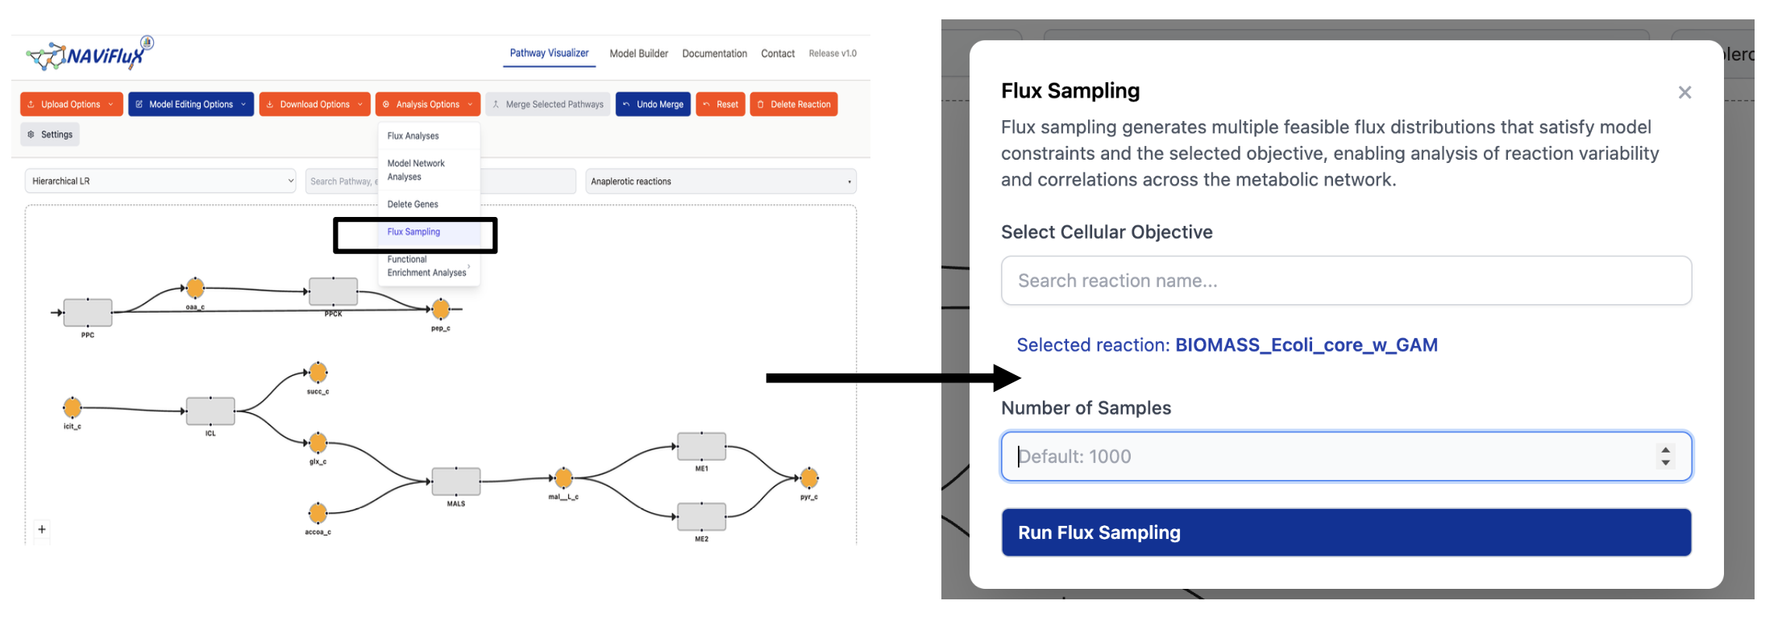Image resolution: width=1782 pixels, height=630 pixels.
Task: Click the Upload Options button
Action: tap(71, 104)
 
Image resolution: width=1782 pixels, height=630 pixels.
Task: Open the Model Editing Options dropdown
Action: tap(190, 104)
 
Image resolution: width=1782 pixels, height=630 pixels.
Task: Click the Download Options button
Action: tap(314, 104)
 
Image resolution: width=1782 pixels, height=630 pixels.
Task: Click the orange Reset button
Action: tap(720, 104)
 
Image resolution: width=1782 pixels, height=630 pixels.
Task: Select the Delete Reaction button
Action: tap(793, 104)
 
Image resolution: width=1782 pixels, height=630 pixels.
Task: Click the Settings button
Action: tap(50, 135)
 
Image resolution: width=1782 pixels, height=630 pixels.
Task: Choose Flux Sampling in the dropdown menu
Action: tap(413, 232)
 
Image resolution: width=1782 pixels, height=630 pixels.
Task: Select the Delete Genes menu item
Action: tap(413, 204)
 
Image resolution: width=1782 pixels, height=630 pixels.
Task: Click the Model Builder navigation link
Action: tap(638, 53)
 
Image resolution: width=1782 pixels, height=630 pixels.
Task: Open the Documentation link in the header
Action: tap(714, 53)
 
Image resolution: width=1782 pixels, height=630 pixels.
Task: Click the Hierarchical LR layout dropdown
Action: tap(161, 181)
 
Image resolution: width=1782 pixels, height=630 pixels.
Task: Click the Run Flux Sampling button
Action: tap(1345, 532)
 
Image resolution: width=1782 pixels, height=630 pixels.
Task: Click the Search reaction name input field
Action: tap(1345, 281)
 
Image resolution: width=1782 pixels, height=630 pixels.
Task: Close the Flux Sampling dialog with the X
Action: tap(1684, 93)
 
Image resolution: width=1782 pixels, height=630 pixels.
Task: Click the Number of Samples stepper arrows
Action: tap(1665, 457)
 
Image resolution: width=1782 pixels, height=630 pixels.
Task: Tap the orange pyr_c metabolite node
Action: tap(809, 478)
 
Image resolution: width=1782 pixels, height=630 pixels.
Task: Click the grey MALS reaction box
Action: tap(456, 482)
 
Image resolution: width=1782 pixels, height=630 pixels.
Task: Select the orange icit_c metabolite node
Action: tap(73, 407)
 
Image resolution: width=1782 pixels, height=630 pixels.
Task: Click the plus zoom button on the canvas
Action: tap(42, 529)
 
